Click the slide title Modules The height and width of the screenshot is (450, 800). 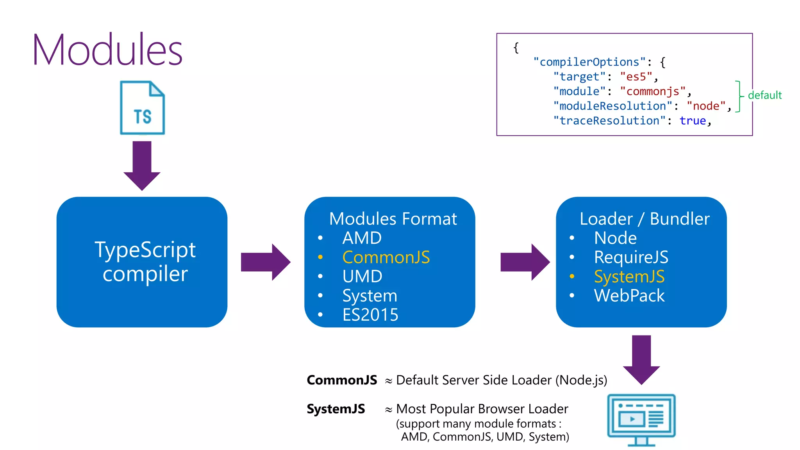pos(107,50)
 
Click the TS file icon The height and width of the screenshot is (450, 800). pos(142,108)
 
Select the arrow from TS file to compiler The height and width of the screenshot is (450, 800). pos(142,166)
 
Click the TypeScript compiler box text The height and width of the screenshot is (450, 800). pos(145,262)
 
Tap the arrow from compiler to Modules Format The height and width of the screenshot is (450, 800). pos(265,262)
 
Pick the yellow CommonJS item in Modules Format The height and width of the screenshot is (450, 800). pos(386,257)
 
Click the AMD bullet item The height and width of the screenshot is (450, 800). pos(362,238)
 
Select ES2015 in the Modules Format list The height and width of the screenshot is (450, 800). pos(370,315)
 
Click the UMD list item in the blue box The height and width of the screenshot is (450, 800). pos(362,277)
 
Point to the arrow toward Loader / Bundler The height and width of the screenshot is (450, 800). pos(525,262)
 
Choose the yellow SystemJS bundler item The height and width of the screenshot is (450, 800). pos(629,277)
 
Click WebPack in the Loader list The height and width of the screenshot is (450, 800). pos(629,296)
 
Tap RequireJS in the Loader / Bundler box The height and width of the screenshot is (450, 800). pos(631,257)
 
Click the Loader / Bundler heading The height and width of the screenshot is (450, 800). pos(645,219)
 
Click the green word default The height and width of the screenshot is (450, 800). pos(764,95)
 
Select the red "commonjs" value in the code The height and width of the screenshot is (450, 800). pos(653,91)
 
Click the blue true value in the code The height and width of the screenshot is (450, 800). pos(693,121)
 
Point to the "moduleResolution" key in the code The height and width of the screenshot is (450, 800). pos(612,106)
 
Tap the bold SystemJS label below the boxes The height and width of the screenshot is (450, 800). pos(336,409)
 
